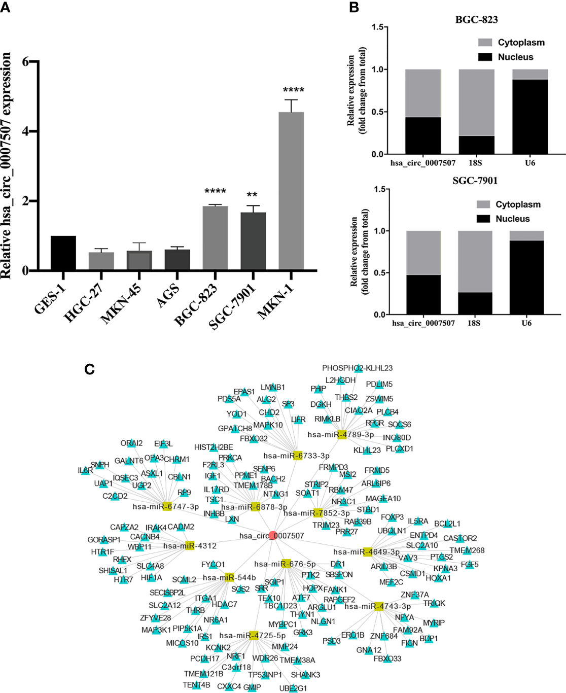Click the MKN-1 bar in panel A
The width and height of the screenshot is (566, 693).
[291, 191]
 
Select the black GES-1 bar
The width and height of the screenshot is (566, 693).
[63, 253]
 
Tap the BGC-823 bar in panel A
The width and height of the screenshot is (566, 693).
[215, 237]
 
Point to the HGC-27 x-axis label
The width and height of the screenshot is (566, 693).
[84, 303]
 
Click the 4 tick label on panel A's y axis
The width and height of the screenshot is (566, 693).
[25, 131]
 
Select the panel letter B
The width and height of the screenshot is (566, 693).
[353, 7]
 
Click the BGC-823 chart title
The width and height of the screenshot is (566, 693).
[476, 20]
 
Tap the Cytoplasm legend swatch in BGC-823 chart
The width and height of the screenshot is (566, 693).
[485, 43]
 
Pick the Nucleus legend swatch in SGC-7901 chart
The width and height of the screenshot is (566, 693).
[483, 219]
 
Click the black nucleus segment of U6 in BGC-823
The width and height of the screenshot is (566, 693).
[530, 117]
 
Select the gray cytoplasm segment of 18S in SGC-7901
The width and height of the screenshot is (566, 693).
[475, 261]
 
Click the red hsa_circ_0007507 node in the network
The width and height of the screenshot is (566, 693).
[272, 535]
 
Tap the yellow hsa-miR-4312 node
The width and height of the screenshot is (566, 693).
[190, 546]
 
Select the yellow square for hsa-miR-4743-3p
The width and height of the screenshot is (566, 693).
[378, 606]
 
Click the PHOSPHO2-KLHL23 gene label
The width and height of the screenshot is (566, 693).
[357, 368]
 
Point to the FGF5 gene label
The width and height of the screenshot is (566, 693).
[469, 565]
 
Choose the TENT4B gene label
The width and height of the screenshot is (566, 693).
[196, 685]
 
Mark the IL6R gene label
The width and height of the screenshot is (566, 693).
[85, 471]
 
